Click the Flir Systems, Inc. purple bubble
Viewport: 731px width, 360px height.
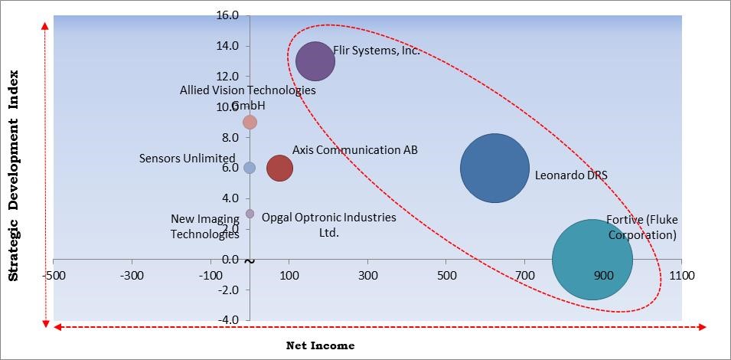(315, 61)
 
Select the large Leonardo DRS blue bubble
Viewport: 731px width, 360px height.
(494, 169)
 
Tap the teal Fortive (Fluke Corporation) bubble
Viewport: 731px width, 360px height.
(592, 260)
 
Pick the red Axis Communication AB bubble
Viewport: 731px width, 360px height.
(279, 169)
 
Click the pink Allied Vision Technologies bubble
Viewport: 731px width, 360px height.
(250, 123)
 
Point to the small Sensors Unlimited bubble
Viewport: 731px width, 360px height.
(250, 168)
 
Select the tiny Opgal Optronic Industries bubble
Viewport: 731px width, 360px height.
(250, 214)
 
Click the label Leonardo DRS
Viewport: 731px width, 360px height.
(571, 175)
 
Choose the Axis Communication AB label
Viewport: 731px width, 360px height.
(355, 150)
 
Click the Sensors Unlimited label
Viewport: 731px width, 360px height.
(187, 159)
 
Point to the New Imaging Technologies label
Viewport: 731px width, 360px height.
(204, 227)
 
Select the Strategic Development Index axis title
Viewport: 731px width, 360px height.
(13, 176)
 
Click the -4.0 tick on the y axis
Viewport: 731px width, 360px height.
(229, 319)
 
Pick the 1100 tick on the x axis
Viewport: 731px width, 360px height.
(681, 274)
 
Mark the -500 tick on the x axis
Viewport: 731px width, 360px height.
(53, 274)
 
